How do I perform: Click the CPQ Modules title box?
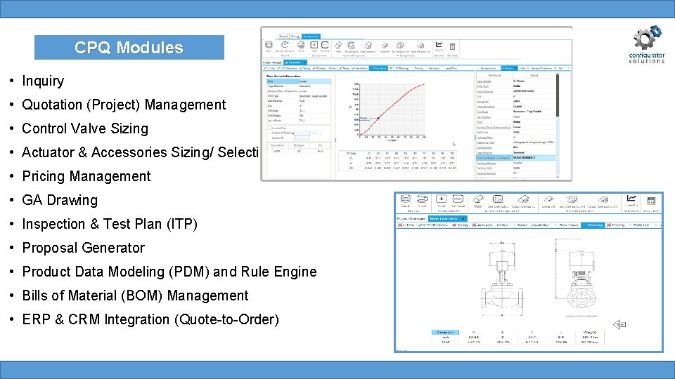click(129, 48)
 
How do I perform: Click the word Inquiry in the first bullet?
click(43, 81)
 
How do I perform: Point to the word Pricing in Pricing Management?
click(44, 176)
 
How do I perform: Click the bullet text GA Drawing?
click(60, 200)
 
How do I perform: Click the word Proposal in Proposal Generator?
click(47, 248)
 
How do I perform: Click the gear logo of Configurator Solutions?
click(646, 39)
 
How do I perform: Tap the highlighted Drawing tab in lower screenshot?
click(595, 225)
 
